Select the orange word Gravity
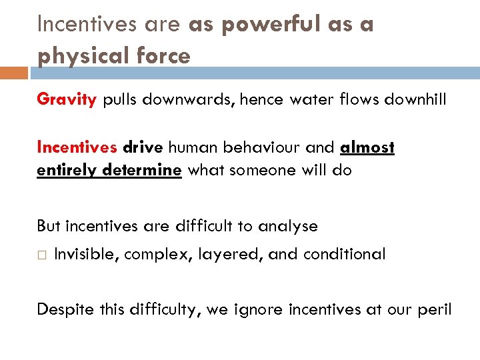(67, 100)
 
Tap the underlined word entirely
(63, 169)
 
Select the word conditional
(344, 254)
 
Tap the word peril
(435, 309)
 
